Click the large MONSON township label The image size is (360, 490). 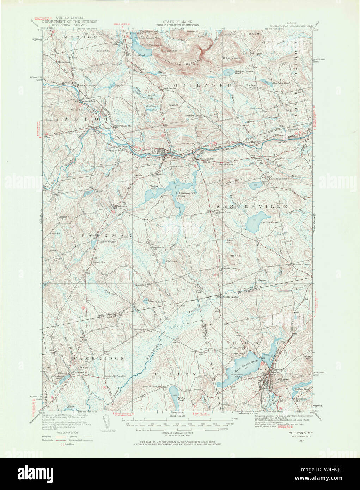coord(80,37)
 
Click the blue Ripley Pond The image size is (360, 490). coord(173,392)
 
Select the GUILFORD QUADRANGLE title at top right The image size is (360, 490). coord(291,25)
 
